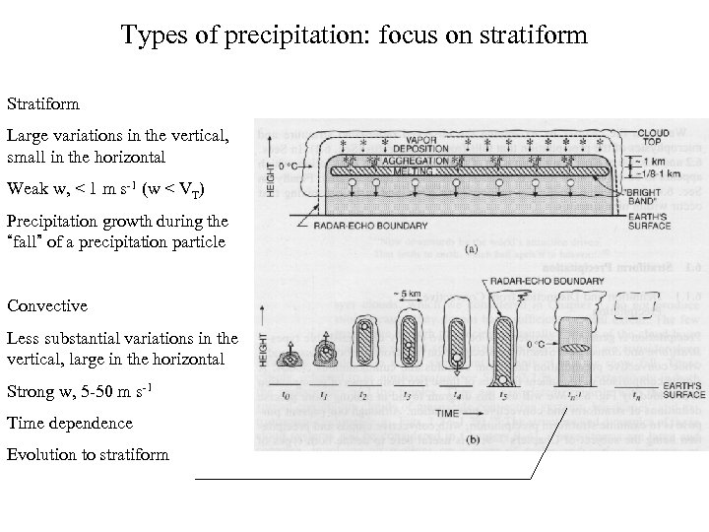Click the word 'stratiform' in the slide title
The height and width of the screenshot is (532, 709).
[536, 36]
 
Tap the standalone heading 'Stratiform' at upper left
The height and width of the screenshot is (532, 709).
[44, 102]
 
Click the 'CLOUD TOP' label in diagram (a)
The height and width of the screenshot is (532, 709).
[654, 137]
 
